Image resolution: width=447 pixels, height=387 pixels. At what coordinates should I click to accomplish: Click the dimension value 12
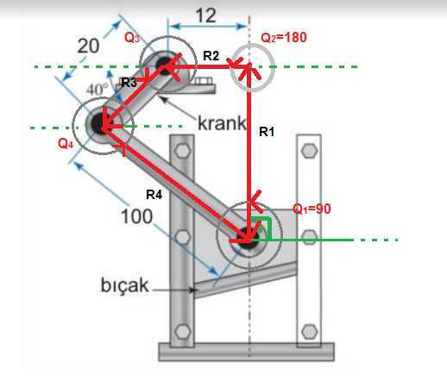coord(205,16)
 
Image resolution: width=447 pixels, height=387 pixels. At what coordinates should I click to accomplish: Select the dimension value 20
coord(88,46)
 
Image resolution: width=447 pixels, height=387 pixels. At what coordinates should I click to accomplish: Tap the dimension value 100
coord(136,216)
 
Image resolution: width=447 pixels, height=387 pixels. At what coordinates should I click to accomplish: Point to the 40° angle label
coord(98,90)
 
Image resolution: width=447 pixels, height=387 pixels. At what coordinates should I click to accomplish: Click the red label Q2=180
coord(284,38)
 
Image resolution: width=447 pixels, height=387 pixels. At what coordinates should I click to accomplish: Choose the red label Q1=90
coord(312,209)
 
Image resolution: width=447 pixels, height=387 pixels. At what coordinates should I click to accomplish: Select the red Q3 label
coord(132,37)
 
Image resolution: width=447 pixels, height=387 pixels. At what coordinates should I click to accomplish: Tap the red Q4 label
coord(66,143)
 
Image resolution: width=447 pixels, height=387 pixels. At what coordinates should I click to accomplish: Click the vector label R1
coord(267,132)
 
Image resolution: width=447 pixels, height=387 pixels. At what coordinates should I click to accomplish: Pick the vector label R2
coord(211,55)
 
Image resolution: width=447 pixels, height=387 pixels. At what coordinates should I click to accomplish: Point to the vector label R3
coord(129,83)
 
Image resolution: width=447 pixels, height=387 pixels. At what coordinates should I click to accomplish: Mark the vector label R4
coord(154,195)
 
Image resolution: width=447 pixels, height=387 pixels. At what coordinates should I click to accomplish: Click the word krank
coord(222,123)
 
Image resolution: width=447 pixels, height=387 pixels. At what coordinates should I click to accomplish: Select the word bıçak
coord(125,285)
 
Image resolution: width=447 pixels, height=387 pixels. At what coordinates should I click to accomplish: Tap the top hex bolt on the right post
coord(309,150)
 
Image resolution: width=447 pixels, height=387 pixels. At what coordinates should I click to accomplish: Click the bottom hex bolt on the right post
coord(310,332)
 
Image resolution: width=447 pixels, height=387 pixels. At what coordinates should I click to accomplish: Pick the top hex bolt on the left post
coord(182,150)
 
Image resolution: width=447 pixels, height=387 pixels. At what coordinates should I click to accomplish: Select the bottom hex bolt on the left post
coord(183,331)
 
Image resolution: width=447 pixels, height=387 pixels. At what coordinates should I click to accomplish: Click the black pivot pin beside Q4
coord(98,124)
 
